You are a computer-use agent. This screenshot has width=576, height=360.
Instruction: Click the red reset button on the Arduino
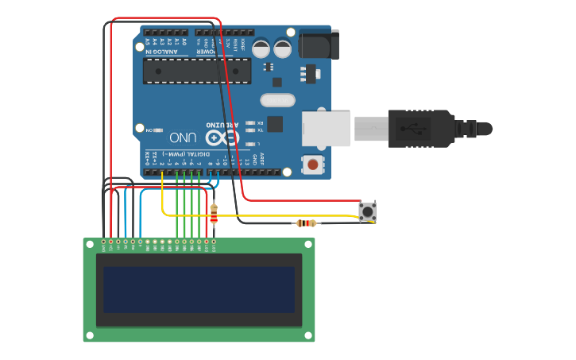(x=314, y=165)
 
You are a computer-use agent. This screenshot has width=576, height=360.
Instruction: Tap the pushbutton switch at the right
(x=367, y=211)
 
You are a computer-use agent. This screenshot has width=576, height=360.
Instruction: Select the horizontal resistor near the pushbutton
(x=306, y=223)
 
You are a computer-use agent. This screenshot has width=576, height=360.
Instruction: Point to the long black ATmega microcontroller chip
(x=197, y=71)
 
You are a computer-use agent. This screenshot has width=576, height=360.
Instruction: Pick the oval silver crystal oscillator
(x=277, y=101)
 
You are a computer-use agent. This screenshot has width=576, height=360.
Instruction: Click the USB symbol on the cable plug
(x=413, y=128)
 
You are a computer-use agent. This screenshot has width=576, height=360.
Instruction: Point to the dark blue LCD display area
(x=199, y=290)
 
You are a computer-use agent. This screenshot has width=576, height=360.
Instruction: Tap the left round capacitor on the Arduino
(x=261, y=48)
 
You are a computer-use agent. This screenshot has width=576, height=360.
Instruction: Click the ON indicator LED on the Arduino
(x=159, y=130)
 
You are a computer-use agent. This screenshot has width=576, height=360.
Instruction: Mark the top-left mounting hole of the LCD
(x=89, y=244)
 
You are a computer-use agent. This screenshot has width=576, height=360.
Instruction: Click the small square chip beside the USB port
(x=275, y=124)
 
